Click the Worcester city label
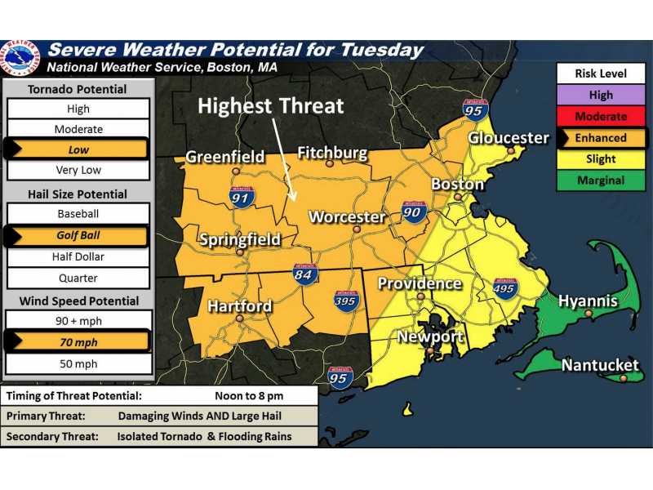click(x=346, y=217)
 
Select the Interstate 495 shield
click(x=506, y=288)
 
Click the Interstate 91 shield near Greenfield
click(x=242, y=196)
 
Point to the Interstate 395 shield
click(x=346, y=301)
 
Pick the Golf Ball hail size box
click(x=78, y=236)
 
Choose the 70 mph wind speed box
click(x=78, y=342)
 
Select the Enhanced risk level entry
click(x=601, y=138)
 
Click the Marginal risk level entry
click(x=601, y=180)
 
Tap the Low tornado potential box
click(x=78, y=150)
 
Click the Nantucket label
click(x=600, y=365)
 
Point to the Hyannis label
click(x=588, y=301)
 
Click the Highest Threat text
click(x=271, y=105)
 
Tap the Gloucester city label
click(x=509, y=137)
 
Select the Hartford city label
click(x=239, y=306)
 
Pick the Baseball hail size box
click(x=78, y=214)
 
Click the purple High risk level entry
click(x=601, y=96)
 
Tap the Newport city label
click(x=430, y=336)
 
